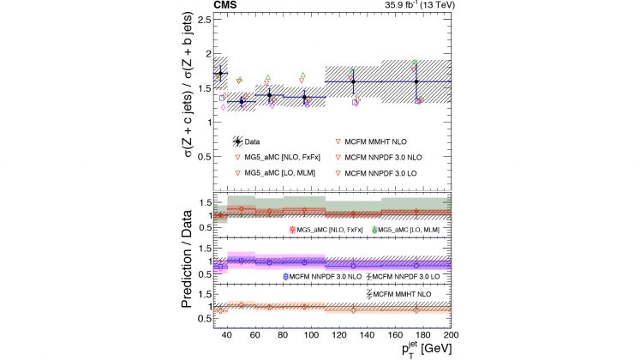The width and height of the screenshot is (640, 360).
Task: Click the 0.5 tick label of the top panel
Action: pos(203,158)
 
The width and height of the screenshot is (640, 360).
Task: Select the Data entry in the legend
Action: pos(250,141)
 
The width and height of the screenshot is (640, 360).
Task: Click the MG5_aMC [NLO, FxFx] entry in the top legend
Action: pos(279,158)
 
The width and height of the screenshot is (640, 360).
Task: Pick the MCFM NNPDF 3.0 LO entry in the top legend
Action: pos(383,173)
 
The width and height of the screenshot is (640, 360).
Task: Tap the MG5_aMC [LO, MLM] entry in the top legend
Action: pos(278,173)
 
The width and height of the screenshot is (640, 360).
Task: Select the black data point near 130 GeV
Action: pos(353,81)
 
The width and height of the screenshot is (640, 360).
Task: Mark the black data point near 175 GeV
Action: pos(416,81)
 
